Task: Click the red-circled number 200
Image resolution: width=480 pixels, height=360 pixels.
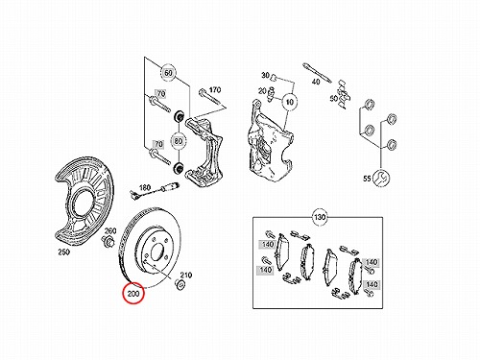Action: point(133,293)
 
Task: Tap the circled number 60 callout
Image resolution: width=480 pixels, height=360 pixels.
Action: point(168,73)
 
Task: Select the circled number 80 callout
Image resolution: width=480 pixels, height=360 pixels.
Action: point(179,141)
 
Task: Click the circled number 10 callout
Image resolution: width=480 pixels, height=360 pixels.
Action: point(290,102)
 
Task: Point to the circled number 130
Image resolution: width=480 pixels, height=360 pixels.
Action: point(320,218)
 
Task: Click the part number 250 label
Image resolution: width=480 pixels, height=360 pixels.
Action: point(64,252)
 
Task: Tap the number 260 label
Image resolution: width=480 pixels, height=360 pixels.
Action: point(110,230)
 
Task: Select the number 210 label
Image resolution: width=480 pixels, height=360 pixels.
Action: point(186,275)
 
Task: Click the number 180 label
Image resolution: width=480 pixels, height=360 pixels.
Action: point(145,187)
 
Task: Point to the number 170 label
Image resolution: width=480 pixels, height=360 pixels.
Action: point(215,90)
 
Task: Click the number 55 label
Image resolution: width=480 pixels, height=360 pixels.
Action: point(367,179)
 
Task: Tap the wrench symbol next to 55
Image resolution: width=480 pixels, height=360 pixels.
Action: point(381,178)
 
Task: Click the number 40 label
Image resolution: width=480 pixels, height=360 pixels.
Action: point(316,82)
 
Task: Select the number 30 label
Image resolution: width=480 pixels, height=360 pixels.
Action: point(265,76)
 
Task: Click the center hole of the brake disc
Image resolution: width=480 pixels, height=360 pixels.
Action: point(157,252)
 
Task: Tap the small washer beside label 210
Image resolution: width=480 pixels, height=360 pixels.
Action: point(180,284)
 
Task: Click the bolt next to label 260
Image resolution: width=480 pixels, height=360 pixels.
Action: point(108,241)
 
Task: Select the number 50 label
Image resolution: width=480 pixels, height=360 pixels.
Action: point(334,98)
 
